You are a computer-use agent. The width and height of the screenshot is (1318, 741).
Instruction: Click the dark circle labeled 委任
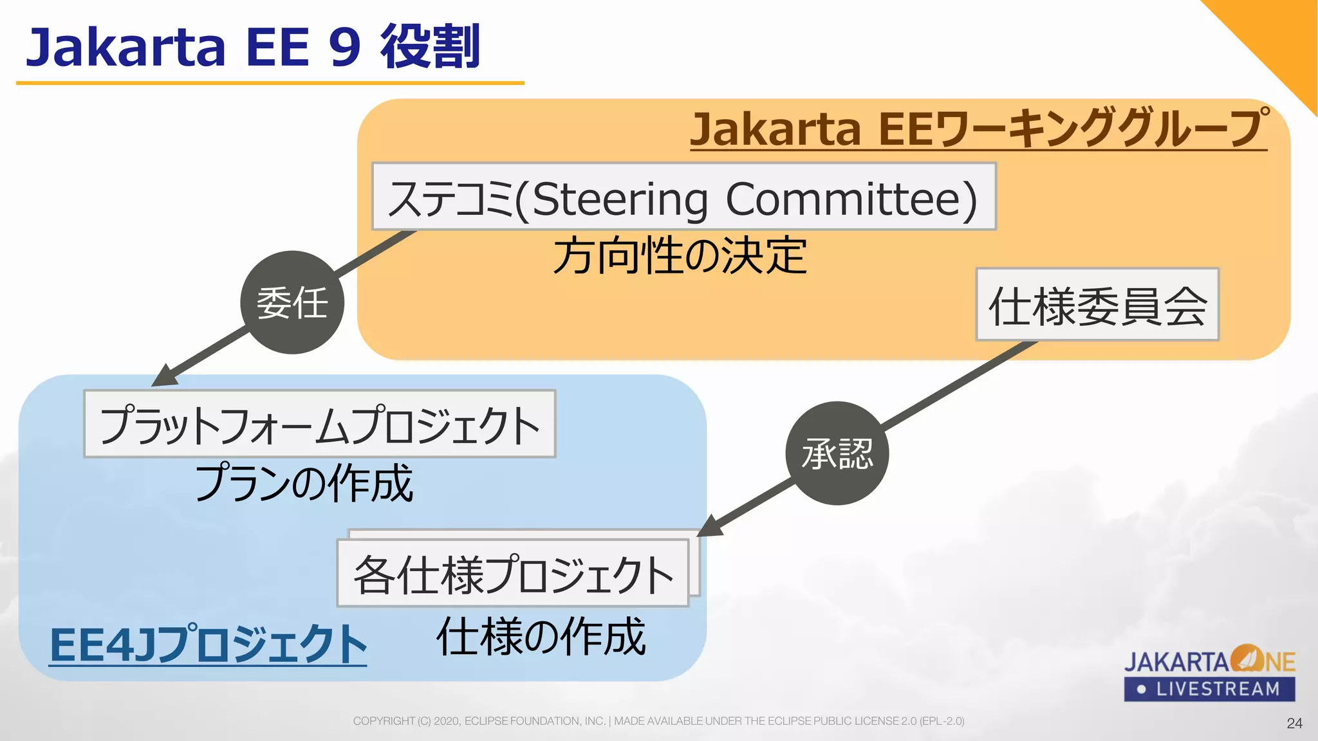point(292,302)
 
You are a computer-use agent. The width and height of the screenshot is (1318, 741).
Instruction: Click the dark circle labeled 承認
point(837,453)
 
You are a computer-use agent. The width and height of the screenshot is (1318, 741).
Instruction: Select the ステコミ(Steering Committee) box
point(683,197)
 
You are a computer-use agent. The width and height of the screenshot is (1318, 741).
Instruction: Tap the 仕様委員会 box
point(1097,305)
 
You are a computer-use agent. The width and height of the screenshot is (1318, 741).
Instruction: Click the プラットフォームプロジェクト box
point(320,424)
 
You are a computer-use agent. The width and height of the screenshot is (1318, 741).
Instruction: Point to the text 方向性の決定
point(680,256)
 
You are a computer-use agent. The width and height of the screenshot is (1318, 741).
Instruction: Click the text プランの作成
point(304,483)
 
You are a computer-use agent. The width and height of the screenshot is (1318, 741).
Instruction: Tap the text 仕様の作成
point(541,637)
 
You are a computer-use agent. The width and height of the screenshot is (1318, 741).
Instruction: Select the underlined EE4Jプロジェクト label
point(208,645)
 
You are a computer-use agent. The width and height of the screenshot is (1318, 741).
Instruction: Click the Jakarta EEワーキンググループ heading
point(978,129)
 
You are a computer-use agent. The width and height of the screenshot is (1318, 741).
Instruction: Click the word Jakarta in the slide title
point(125,48)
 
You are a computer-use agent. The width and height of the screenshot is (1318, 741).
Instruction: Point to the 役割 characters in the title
point(430,46)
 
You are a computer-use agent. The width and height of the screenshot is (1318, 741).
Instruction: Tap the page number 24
point(1294,724)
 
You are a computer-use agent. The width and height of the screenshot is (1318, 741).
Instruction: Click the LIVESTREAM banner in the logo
point(1209,690)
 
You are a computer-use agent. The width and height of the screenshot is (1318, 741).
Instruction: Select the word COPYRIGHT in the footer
point(384,721)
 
